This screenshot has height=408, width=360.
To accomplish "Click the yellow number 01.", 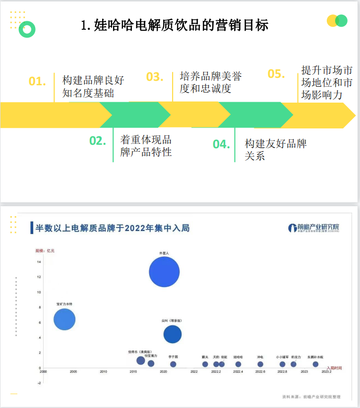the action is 37,81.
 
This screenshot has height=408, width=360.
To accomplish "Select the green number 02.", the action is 98,141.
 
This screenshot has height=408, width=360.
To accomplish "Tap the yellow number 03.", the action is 155,77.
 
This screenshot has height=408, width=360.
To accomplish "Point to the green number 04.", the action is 222,144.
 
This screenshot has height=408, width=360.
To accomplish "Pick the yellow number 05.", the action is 276,74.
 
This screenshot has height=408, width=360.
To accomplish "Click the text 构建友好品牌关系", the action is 276,150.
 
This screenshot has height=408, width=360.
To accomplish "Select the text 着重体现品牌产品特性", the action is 146,146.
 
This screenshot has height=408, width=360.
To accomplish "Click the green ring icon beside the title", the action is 28,30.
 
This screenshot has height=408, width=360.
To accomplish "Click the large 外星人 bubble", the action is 164,272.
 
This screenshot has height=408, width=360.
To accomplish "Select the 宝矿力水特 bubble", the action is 64,319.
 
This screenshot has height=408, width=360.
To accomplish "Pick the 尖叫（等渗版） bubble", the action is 173,334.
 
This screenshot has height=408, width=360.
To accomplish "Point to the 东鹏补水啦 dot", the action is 315,364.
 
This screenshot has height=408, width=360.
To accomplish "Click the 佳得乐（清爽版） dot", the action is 141,360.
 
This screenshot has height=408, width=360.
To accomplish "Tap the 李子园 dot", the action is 173,364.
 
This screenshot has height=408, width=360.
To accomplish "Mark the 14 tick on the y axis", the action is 39,262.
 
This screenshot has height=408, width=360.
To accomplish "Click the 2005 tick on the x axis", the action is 73,372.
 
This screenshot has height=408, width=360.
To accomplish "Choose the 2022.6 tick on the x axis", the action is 260,372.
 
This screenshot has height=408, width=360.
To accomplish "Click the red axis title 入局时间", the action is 334,368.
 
